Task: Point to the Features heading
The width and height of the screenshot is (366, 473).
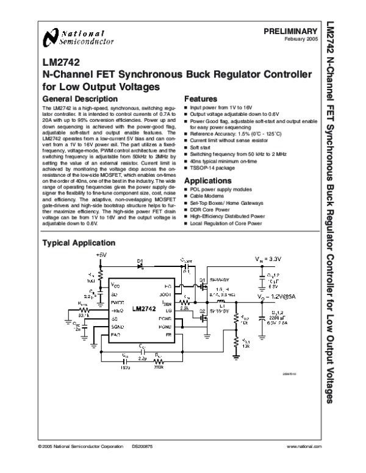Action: click(201, 99)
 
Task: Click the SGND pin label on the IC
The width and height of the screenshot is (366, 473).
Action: click(118, 327)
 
